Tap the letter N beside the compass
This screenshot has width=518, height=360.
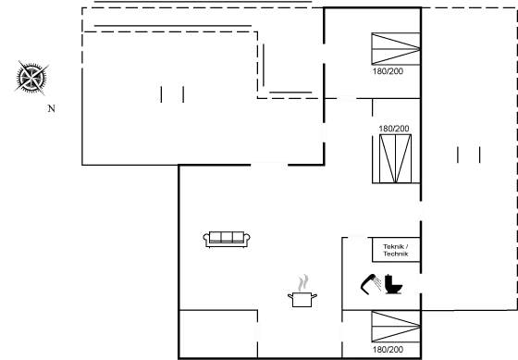click(x=52, y=108)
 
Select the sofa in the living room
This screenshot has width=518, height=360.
click(x=227, y=240)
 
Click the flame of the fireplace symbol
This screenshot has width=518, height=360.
click(x=302, y=280)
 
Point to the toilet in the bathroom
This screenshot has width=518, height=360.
click(x=393, y=285)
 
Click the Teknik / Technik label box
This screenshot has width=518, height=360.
click(x=395, y=249)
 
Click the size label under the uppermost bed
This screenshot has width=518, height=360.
click(x=387, y=69)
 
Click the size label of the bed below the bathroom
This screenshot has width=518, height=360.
click(x=388, y=350)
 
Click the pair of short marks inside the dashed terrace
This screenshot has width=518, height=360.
click(x=172, y=94)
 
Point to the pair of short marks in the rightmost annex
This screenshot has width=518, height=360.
click(x=470, y=155)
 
